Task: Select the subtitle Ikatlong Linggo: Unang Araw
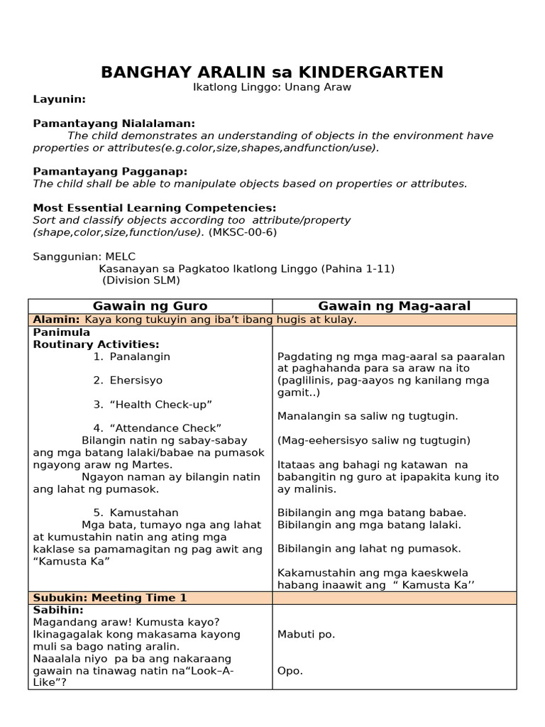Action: (x=272, y=87)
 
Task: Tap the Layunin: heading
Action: (x=60, y=99)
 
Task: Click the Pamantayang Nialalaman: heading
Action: (x=114, y=124)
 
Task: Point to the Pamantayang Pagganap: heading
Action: (x=110, y=171)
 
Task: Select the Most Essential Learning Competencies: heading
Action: (x=155, y=207)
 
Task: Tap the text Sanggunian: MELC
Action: (x=84, y=256)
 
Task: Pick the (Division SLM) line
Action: (x=142, y=280)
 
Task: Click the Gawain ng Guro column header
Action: (x=150, y=306)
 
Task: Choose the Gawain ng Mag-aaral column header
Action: (x=394, y=306)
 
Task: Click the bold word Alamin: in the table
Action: (x=57, y=319)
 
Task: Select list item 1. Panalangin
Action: (x=131, y=356)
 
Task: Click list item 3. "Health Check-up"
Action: (x=153, y=404)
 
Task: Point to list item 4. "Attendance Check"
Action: (x=157, y=427)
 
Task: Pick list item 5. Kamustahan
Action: (x=136, y=513)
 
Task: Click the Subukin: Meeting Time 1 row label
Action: (x=110, y=598)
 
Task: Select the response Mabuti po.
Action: (x=307, y=634)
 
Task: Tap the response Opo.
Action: (x=290, y=670)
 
